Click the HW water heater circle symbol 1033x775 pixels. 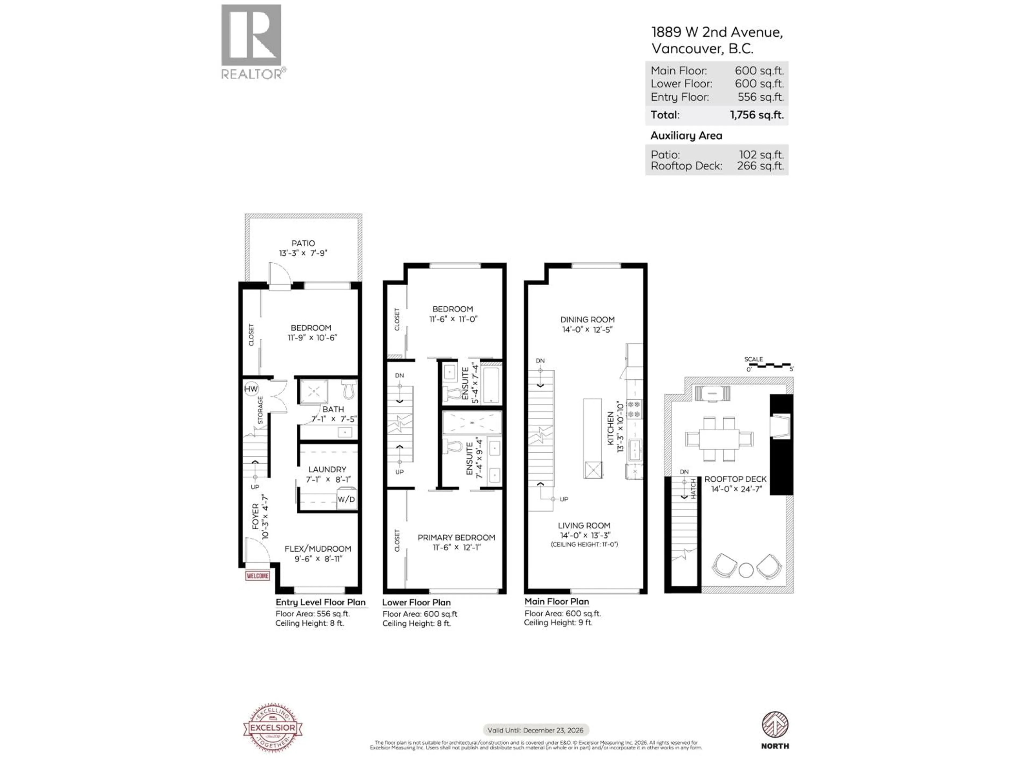click(251, 389)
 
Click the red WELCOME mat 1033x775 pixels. click(257, 576)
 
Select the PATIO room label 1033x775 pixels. click(303, 243)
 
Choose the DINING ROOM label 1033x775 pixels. click(588, 319)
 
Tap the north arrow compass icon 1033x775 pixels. click(775, 725)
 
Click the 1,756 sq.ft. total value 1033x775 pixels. click(756, 115)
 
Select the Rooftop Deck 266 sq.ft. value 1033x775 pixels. click(760, 166)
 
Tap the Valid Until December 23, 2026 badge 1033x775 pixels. click(536, 730)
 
